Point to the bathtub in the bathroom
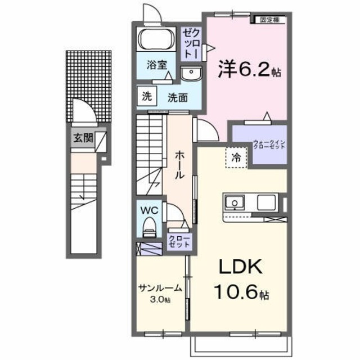(x=157, y=40)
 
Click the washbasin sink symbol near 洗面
(x=191, y=71)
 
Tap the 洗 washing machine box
(x=146, y=95)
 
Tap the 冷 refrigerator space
(x=236, y=158)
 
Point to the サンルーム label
(x=160, y=288)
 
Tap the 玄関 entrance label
(x=82, y=138)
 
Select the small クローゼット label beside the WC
(x=179, y=242)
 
